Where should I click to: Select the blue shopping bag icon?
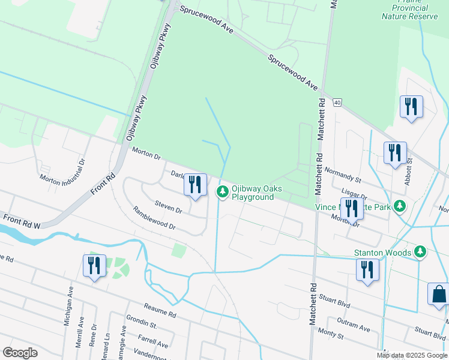(x=439, y=295)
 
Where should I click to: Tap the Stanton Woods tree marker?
(x=421, y=253)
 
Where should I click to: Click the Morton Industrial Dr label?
(x=63, y=170)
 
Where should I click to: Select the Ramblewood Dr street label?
(x=154, y=218)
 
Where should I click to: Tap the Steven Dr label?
(x=168, y=207)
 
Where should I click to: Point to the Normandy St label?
(x=342, y=175)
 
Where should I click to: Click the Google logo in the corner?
(x=20, y=352)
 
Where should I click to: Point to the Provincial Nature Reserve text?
(x=405, y=12)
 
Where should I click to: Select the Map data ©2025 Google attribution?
(x=411, y=355)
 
